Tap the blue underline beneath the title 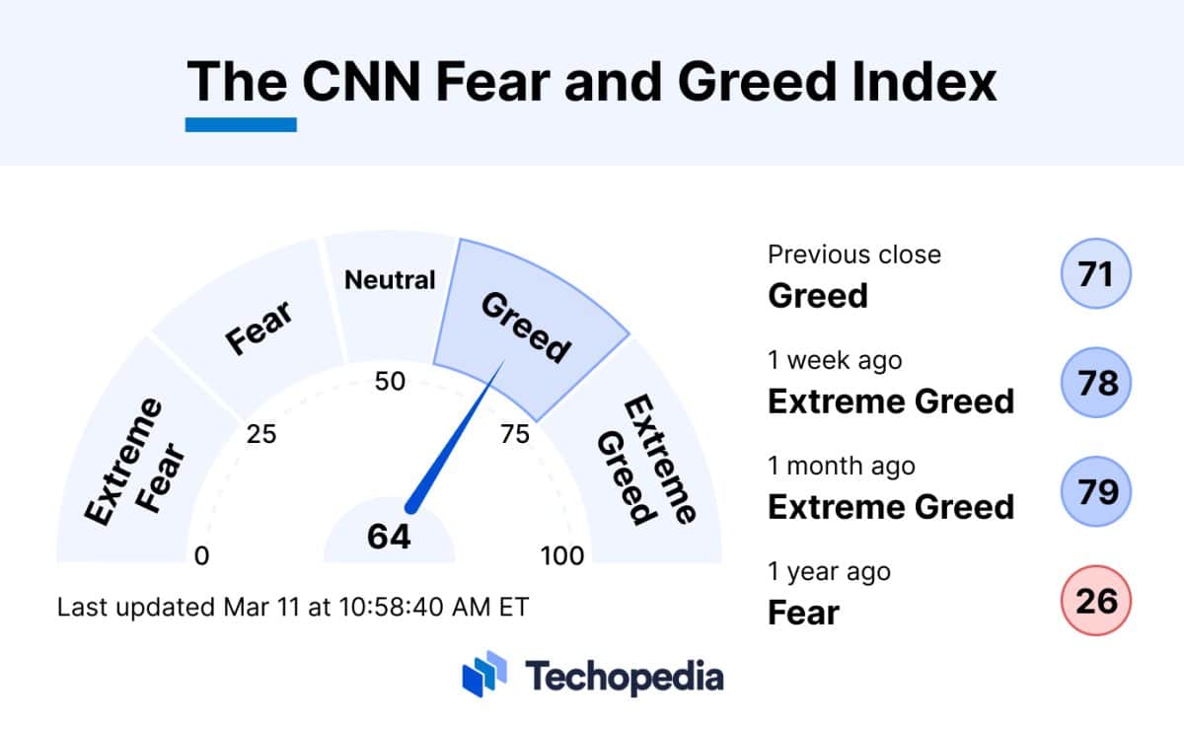241,125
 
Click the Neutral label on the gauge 390,280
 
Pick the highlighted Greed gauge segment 528,326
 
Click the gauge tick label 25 261,434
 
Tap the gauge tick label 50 391,381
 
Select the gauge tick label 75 515,434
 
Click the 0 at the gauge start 202,556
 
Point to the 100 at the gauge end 562,556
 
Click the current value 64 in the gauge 389,537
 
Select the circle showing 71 1095,274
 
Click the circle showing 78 1095,382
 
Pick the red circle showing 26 1095,598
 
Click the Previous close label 854,255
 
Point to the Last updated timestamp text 293,607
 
